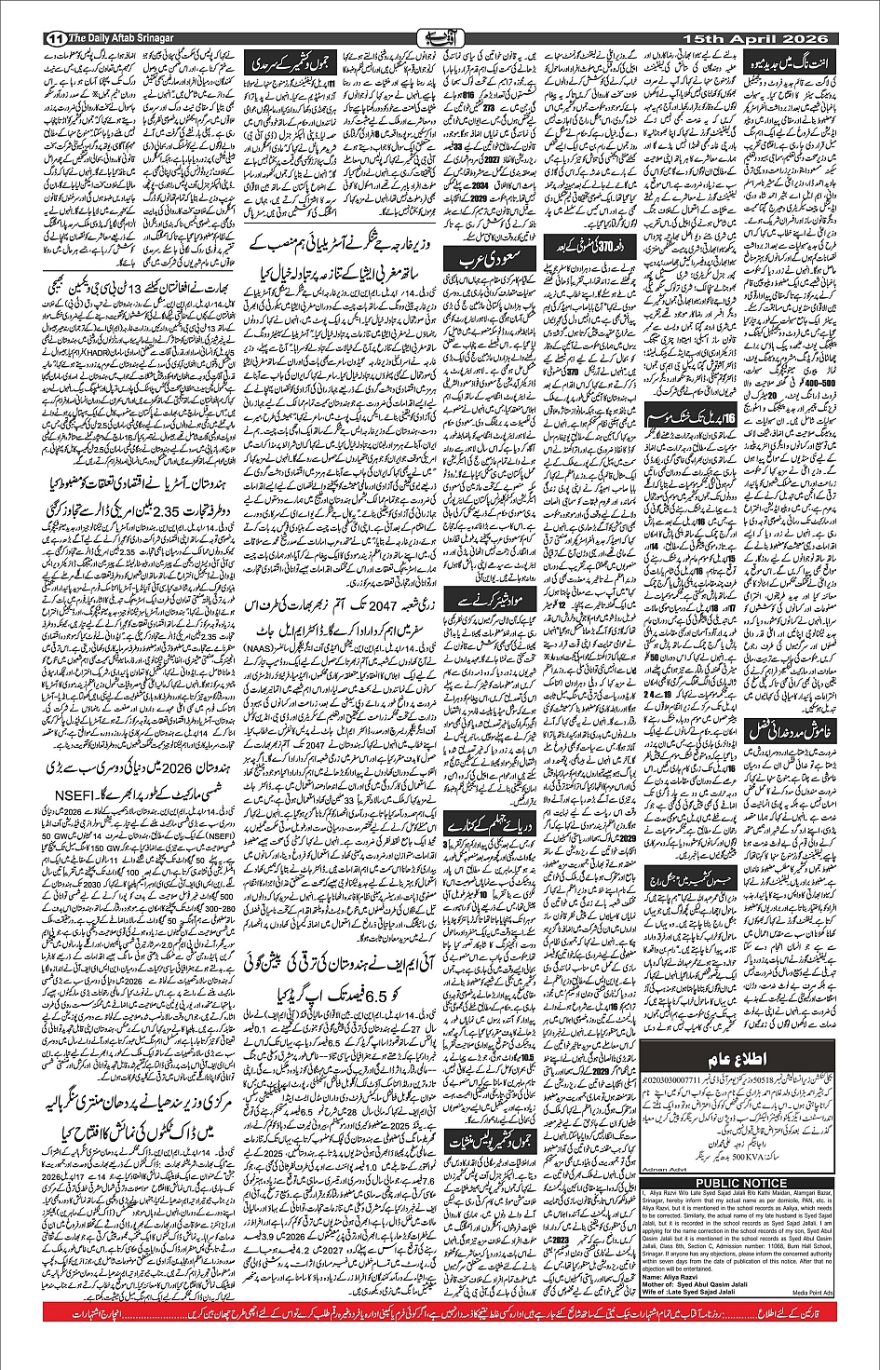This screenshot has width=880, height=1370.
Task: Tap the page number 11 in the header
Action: [52, 37]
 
